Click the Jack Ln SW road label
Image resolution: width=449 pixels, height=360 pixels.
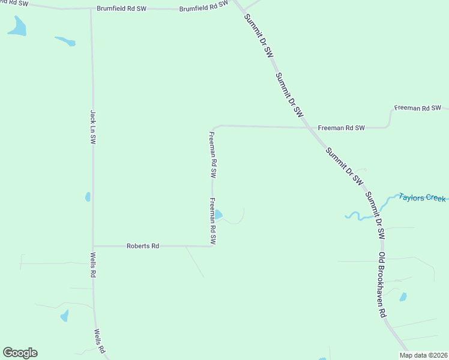tap(93, 126)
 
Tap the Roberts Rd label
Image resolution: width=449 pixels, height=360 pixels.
tap(142, 246)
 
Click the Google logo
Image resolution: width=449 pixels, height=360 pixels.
tap(20, 353)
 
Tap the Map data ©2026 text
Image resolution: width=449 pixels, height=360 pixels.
tap(423, 355)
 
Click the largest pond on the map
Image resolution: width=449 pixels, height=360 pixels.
tap(17, 26)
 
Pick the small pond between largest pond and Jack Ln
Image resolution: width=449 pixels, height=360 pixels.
tap(66, 41)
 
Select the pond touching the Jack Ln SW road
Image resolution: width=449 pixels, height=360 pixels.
tap(88, 197)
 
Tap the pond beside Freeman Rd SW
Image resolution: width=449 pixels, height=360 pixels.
tap(218, 214)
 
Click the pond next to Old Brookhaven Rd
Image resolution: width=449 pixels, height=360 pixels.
tap(403, 296)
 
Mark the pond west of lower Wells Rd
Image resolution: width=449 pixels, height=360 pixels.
tap(64, 316)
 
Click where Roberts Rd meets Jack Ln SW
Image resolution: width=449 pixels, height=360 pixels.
tap(92, 246)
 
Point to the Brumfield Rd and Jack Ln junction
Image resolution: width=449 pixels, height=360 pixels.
tap(91, 9)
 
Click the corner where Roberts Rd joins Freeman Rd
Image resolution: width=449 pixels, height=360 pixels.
tap(212, 246)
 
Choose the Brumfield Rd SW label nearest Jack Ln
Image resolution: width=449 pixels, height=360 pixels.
tap(122, 10)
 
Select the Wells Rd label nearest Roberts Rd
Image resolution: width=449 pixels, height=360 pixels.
tap(94, 265)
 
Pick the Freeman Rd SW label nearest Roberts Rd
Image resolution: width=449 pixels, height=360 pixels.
tap(212, 221)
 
